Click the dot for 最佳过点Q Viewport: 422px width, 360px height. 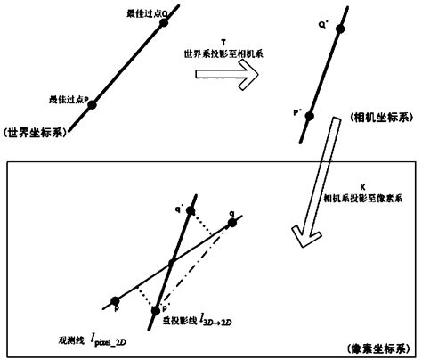[164, 24]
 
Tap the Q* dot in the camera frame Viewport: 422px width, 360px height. [338, 31]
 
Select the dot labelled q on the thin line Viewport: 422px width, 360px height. [232, 222]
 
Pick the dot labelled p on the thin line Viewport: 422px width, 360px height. [113, 300]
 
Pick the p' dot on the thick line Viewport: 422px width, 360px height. [158, 310]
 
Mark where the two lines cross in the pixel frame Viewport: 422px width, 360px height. [168, 265]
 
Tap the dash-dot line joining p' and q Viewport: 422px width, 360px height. [198, 264]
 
